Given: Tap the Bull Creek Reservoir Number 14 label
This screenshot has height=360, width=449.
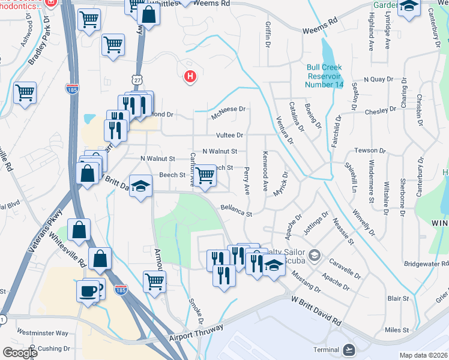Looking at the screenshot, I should point(325,76).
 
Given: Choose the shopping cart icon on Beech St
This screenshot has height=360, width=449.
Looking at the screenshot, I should point(205,175).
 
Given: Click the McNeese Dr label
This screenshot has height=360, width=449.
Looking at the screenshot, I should point(229,109).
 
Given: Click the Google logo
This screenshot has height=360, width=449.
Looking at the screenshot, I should point(20,352).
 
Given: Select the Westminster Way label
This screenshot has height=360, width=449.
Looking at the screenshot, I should point(42,332).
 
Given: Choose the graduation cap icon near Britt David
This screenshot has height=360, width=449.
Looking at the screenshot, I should point(140,186).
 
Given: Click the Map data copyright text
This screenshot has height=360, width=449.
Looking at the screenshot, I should point(423,355).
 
